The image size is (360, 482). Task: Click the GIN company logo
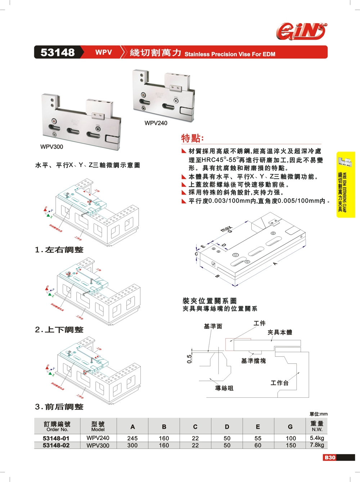[302, 31]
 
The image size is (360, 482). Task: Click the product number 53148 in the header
[58, 53]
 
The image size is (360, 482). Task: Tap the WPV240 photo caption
[156, 123]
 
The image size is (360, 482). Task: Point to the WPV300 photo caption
[51, 147]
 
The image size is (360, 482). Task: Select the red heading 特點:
[192, 138]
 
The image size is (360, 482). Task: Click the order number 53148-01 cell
[56, 438]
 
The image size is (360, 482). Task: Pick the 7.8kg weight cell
[317, 445]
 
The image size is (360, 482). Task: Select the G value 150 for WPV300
[291, 445]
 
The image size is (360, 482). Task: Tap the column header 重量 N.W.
[317, 426]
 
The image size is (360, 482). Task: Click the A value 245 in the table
[132, 438]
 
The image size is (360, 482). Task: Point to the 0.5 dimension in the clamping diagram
[189, 358]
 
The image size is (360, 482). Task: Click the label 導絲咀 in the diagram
[224, 388]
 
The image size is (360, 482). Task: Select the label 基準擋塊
[253, 361]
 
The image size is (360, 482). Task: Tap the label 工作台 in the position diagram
[280, 383]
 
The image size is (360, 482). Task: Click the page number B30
[330, 458]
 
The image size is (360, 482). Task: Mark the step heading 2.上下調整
[59, 330]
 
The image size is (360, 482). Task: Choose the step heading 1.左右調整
[59, 250]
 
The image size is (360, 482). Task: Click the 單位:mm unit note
[319, 414]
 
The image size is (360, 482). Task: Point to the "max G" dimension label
[227, 229]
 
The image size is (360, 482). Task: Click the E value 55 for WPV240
[258, 438]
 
